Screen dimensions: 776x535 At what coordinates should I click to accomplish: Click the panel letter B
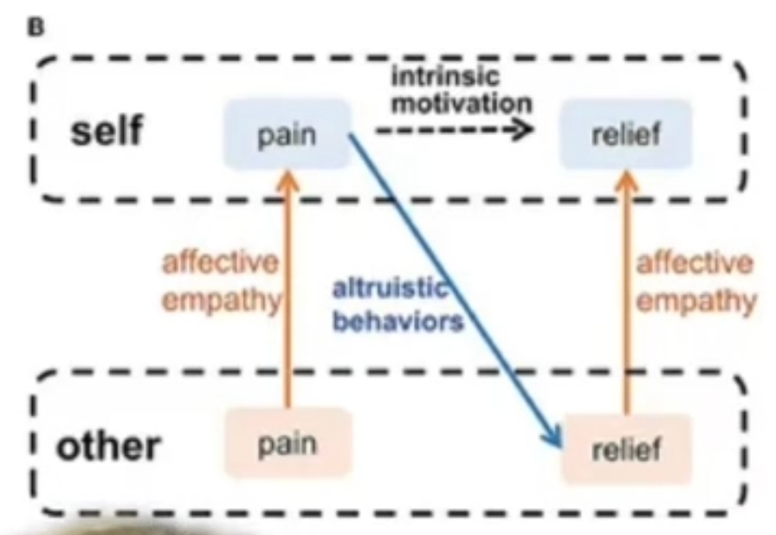[x=36, y=28]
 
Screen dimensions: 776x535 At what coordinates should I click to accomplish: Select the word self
[x=107, y=130]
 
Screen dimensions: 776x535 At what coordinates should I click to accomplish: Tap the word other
[x=108, y=446]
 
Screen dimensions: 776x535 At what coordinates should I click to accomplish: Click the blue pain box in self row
[x=287, y=133]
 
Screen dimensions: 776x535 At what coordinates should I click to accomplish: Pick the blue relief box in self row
[x=625, y=133]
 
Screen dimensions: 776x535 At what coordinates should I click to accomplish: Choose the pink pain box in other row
[x=288, y=443]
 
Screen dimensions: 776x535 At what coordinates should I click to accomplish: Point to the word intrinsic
[x=445, y=76]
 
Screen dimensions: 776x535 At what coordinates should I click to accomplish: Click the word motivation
[x=462, y=103]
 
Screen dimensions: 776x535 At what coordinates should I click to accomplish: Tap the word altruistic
[x=391, y=288]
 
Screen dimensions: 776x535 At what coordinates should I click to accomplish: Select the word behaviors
[x=398, y=321]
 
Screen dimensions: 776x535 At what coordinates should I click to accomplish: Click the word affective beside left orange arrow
[x=220, y=262]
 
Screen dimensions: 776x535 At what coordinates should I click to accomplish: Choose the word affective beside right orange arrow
[x=695, y=262]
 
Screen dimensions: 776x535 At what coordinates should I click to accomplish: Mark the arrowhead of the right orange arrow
[x=626, y=182]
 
